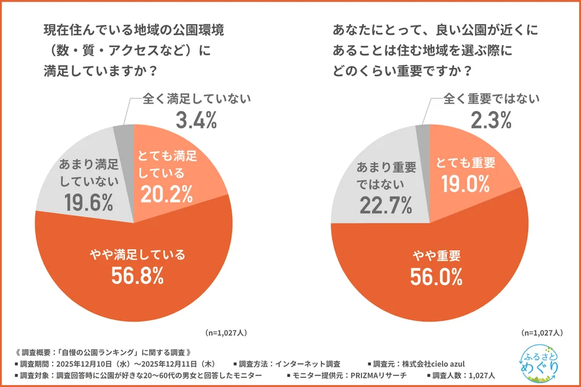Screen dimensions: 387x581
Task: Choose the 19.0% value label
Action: click(465, 183)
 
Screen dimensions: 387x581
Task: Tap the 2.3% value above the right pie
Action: click(491, 120)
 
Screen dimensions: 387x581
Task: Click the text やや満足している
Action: click(137, 254)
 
